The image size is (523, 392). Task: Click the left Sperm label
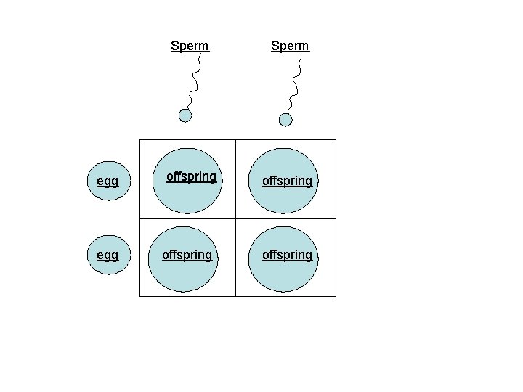click(x=190, y=46)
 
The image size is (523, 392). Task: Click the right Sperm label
click(x=290, y=46)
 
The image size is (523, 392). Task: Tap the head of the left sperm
click(x=185, y=115)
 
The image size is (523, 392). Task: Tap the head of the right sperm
click(x=285, y=120)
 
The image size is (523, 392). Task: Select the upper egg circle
click(x=109, y=181)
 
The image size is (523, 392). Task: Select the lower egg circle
click(x=109, y=255)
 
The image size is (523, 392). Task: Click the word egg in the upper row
click(x=108, y=181)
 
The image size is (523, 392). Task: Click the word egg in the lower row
click(x=108, y=255)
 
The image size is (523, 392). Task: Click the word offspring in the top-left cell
click(x=191, y=176)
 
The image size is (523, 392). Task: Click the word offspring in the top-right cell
click(x=287, y=181)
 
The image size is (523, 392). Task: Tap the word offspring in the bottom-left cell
click(x=187, y=255)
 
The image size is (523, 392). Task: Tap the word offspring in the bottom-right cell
click(x=287, y=255)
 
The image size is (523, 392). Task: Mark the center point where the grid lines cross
click(x=236, y=218)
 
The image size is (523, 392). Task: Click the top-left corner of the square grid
click(x=140, y=139)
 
